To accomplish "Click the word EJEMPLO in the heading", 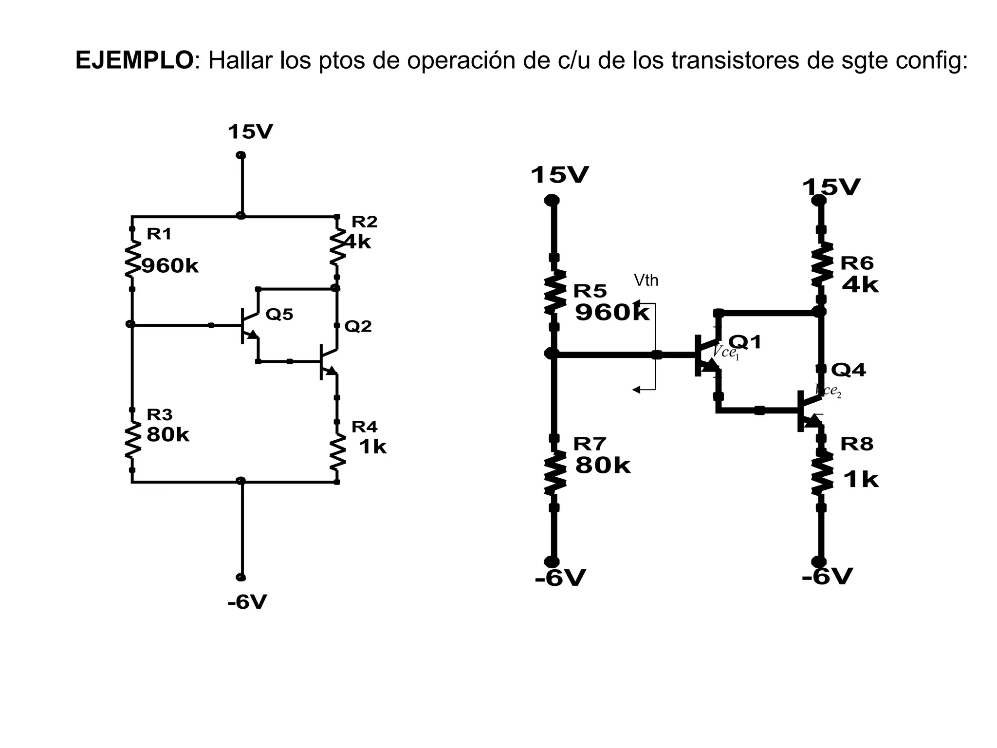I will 134,61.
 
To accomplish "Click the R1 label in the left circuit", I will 159,234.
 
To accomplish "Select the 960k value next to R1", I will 170,266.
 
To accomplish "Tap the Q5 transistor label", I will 279,315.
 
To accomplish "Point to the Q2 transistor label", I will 358,326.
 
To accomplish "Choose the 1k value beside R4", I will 372,447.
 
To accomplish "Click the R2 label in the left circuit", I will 364,222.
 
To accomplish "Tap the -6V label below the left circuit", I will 247,602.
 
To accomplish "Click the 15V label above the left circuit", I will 250,132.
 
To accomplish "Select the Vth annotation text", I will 646,280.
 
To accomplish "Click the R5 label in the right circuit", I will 590,291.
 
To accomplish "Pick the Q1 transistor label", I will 744,342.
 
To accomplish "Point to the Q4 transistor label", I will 848,370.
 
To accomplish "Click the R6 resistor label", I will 857,263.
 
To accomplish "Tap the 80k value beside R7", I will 602,466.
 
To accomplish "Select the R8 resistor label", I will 857,444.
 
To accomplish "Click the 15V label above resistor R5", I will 559,175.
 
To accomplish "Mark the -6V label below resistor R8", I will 827,577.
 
